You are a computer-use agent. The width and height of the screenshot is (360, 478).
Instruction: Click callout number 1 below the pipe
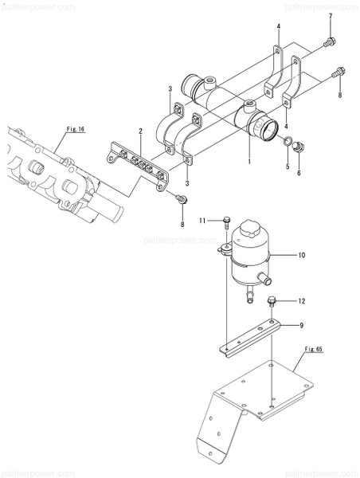pos(248,163)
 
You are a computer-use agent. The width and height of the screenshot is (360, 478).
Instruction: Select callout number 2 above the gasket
pos(140,131)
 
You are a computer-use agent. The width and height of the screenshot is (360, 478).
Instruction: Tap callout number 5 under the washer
pos(288,167)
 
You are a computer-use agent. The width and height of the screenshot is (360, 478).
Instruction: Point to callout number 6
pos(299,171)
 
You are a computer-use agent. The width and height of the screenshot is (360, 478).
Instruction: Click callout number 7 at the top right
pos(331,17)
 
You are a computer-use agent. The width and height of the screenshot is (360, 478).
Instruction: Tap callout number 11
pos(202,220)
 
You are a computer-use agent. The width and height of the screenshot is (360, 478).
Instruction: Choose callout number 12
pos(302,301)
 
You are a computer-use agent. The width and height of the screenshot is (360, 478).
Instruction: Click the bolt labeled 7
pos(329,40)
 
